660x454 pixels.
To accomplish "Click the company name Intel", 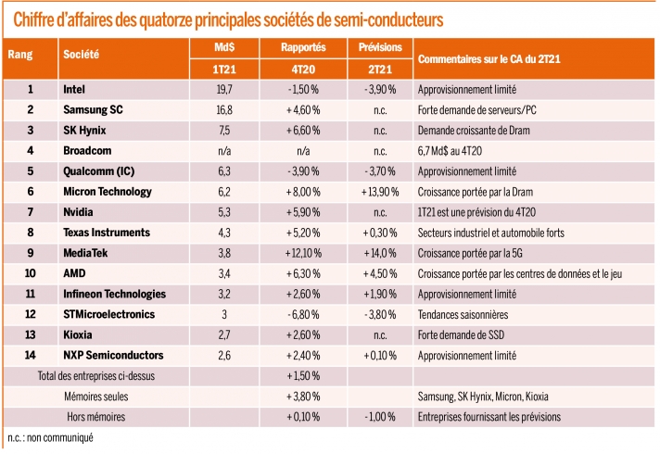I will click(x=74, y=89).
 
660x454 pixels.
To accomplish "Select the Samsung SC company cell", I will click(x=91, y=109).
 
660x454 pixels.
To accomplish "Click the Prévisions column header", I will click(x=378, y=45).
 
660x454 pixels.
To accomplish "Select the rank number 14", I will click(x=30, y=355).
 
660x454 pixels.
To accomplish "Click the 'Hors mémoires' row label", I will click(x=84, y=416).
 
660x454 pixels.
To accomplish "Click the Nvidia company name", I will click(x=78, y=211).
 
